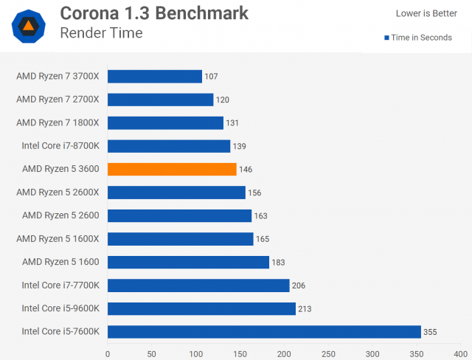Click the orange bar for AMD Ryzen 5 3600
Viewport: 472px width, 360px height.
click(172, 169)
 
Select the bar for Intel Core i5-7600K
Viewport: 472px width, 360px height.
click(264, 331)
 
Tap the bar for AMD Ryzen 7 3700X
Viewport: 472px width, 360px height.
click(155, 76)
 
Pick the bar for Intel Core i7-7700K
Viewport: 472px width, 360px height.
click(198, 285)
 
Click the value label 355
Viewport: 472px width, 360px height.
click(430, 332)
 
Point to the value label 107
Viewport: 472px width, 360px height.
click(212, 77)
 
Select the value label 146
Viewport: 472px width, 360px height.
click(246, 170)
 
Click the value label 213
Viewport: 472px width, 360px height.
click(305, 308)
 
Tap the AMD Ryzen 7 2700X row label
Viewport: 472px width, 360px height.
click(62, 100)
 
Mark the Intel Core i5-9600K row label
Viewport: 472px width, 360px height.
click(61, 308)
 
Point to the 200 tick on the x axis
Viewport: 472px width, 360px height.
click(284, 353)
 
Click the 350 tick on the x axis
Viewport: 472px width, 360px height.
click(416, 353)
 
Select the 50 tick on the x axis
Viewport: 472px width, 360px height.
click(152, 353)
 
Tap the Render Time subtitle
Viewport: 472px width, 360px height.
click(101, 33)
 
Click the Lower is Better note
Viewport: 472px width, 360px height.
click(426, 13)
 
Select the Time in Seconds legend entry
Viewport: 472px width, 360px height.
click(417, 38)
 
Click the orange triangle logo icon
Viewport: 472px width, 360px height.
click(28, 27)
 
